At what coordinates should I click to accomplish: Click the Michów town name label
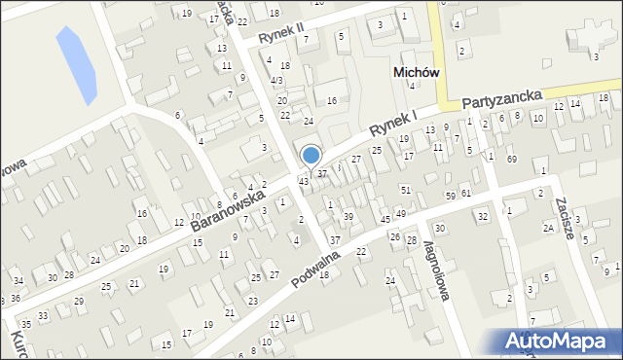(416, 72)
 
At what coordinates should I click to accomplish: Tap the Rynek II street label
(281, 32)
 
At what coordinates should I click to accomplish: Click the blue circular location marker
(311, 155)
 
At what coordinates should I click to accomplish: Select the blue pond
(76, 65)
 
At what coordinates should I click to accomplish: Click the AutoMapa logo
(561, 341)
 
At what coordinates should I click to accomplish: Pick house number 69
(511, 159)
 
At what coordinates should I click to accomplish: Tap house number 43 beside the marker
(304, 182)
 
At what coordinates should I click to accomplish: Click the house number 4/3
(277, 80)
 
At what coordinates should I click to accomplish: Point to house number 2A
(548, 228)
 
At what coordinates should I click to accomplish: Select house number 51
(406, 190)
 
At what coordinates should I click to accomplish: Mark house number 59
(451, 196)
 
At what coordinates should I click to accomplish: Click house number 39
(348, 216)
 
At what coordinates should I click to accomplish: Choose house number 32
(482, 216)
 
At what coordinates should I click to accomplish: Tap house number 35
(26, 323)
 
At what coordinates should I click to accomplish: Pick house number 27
(356, 159)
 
